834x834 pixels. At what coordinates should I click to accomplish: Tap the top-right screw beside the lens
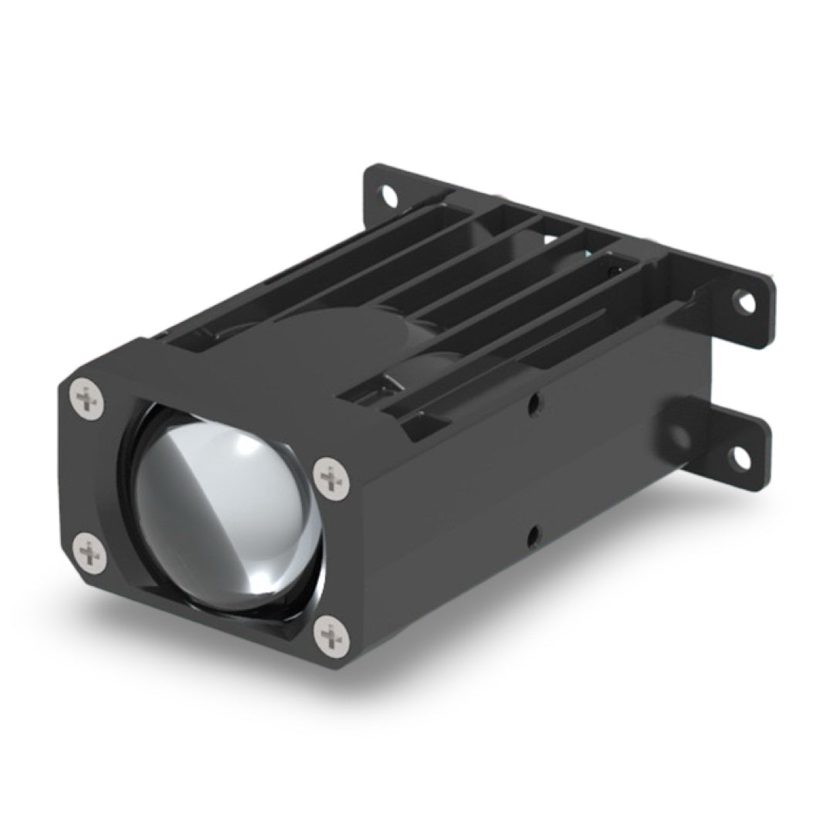tap(332, 479)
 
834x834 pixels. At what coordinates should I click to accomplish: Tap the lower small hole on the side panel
tap(534, 534)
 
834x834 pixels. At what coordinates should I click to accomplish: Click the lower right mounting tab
tap(726, 456)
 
